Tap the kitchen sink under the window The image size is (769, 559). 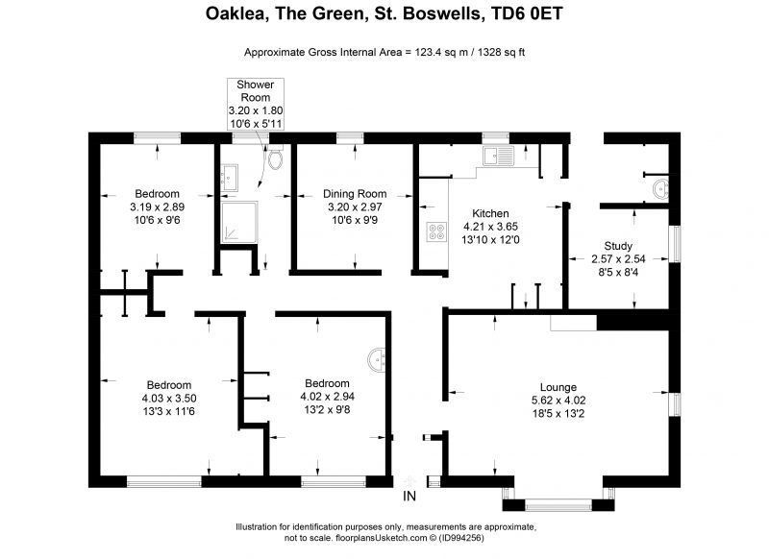498,156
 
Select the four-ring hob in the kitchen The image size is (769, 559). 436,231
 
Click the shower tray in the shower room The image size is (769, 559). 238,222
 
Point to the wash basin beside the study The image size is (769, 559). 661,189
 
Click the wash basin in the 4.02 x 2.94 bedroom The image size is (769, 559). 377,359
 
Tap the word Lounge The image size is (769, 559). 558,387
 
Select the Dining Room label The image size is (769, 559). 355,193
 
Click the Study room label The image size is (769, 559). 618,246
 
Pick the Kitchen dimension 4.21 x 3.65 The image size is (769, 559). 490,227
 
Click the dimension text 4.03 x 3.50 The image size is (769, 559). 169,399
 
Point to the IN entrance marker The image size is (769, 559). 409,497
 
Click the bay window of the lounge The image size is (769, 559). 558,504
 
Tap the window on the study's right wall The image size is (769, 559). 677,244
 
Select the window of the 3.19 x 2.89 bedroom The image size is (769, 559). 158,138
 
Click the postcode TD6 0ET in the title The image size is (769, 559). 527,13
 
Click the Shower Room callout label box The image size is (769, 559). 256,104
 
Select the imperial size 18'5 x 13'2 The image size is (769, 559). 558,414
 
